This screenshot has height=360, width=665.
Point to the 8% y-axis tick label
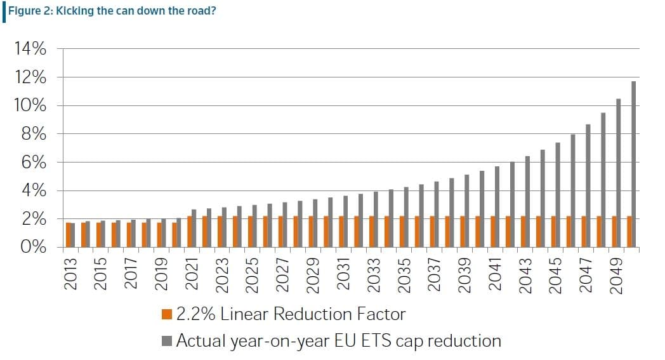pos(31,134)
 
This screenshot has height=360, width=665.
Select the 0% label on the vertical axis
pos(31,248)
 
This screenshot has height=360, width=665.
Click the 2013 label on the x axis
pos(70,274)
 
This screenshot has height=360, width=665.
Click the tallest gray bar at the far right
pos(633,164)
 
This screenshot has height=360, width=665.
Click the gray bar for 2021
pos(194,229)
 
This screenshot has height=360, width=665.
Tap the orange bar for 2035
pos(402,232)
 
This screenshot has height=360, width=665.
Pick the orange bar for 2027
pos(280,232)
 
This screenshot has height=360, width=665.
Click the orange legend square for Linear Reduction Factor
pos(168,314)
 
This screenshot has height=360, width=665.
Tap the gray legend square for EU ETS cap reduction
pos(168,341)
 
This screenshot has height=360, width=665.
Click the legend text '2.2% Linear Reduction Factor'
pos(291,314)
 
